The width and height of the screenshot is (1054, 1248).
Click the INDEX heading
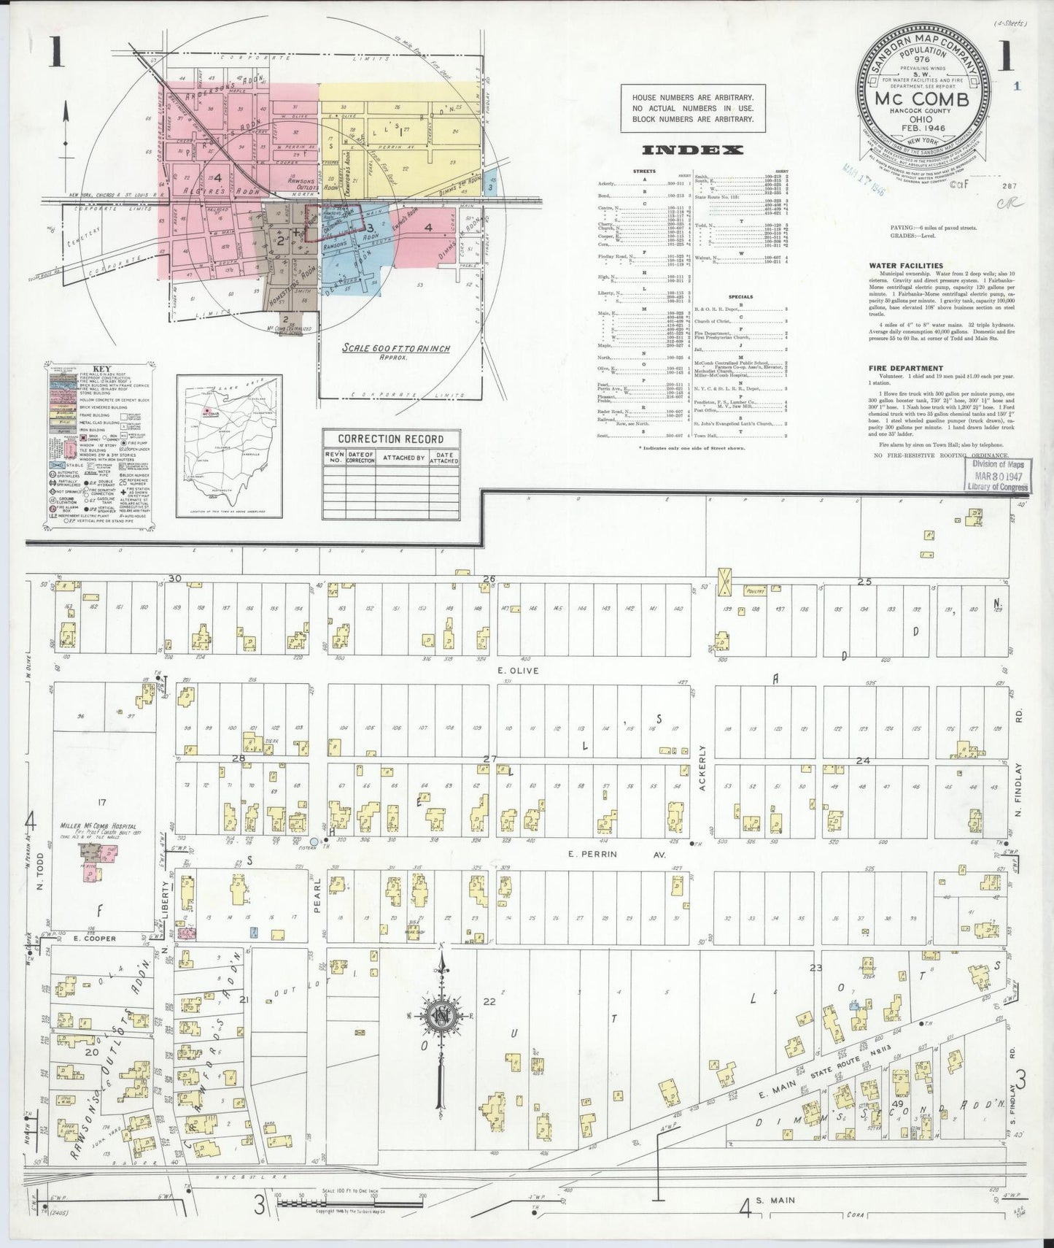pos(692,150)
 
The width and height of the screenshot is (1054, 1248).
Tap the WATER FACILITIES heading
pos(905,266)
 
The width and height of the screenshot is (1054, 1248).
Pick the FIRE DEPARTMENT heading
pos(905,369)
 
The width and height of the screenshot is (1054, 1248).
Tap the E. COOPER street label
pos(96,939)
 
